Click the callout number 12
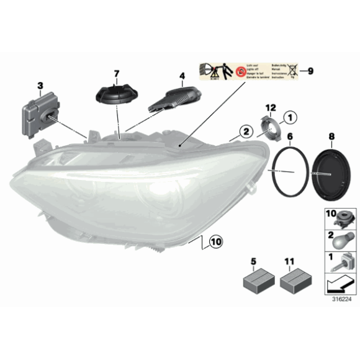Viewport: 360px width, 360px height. coord(271,108)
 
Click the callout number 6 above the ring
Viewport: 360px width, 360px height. coord(290,135)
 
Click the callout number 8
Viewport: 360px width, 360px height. coord(331,135)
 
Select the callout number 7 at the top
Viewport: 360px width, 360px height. coord(115,74)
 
